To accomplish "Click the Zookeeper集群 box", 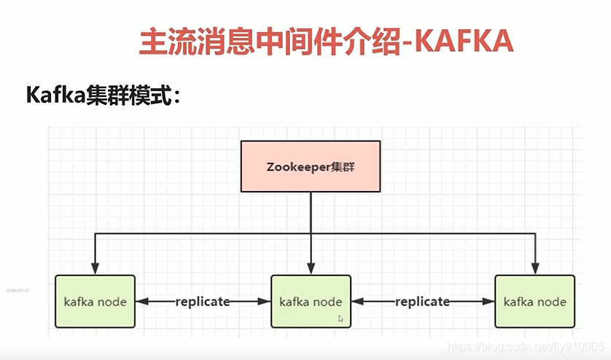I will pos(311,166).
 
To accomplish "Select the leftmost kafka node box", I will pos(95,301).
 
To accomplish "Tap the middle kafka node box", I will pos(311,301).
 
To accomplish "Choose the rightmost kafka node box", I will pos(534,301).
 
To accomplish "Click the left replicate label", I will pos(203,301).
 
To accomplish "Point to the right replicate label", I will pos(423,301).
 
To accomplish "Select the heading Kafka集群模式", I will pos(102,95).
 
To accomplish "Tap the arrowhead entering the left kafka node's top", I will pos(95,270).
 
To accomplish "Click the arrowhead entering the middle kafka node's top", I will pos(311,270).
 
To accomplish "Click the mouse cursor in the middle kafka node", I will pos(340,318).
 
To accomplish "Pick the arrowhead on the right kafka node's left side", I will pos(489,301).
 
